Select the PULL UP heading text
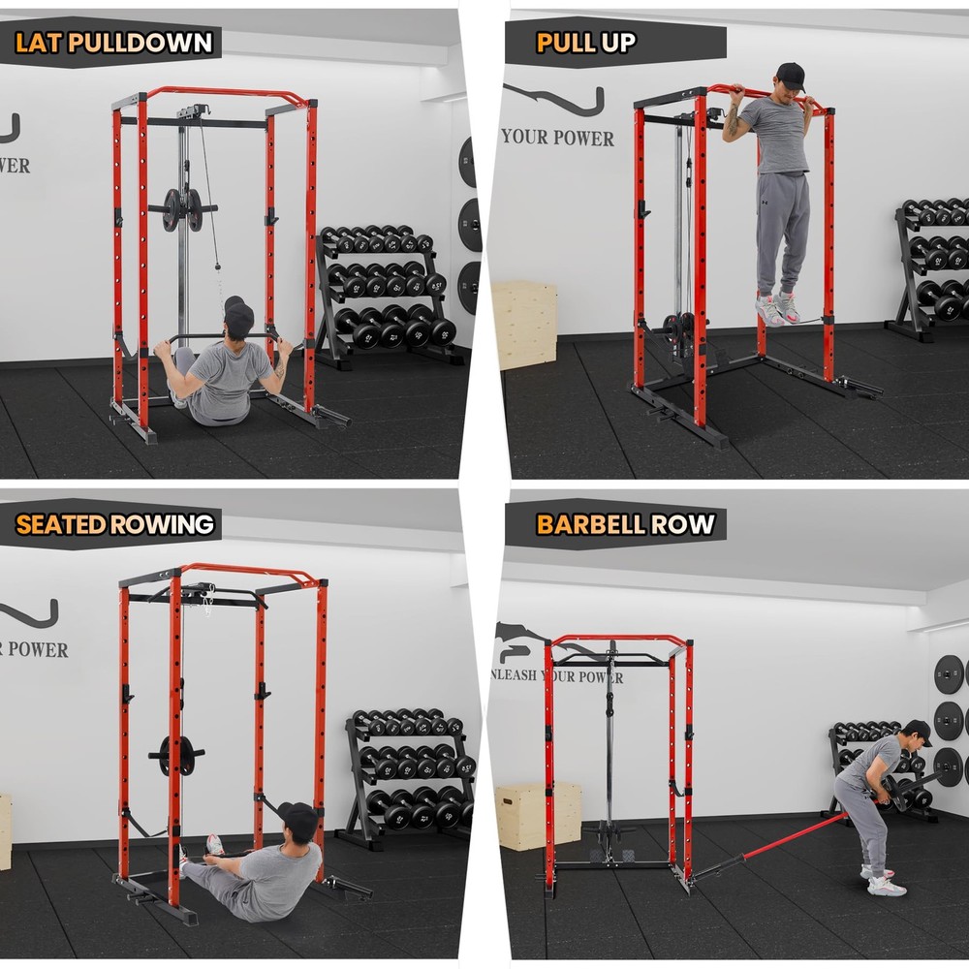[586, 42]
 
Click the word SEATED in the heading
[60, 524]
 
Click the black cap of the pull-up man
[791, 75]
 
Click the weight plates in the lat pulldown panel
[182, 209]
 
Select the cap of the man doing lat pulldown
[238, 316]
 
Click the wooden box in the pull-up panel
[524, 325]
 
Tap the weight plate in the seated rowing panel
[177, 755]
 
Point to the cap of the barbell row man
[917, 731]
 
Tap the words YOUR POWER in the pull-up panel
[558, 138]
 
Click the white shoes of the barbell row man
[885, 883]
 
